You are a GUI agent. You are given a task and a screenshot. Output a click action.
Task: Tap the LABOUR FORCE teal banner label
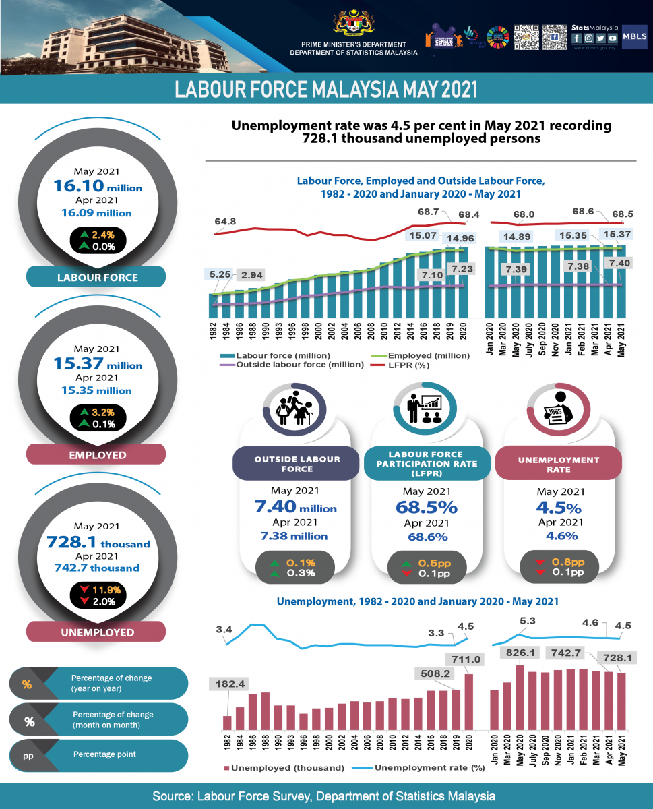[96, 277]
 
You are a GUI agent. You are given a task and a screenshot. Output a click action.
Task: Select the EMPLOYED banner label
[96, 455]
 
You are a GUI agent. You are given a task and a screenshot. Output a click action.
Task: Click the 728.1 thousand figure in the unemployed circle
[98, 542]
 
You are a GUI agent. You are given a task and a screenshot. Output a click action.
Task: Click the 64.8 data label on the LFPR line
[225, 221]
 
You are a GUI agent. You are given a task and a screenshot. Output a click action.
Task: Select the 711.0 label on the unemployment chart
[464, 659]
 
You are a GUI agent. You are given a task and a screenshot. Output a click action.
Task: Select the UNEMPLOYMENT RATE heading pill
[559, 465]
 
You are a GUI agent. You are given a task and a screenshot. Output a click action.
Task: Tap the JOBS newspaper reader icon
[559, 411]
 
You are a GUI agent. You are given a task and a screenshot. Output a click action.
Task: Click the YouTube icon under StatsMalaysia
[613, 38]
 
